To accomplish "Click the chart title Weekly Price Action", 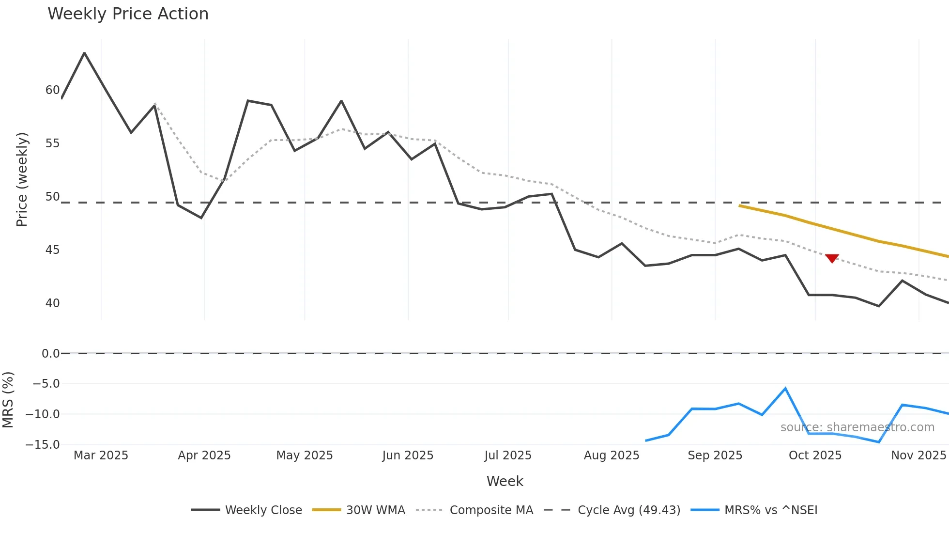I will coord(128,14).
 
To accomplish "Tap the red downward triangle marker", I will coord(832,258).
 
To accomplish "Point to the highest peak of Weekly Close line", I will coord(85,53).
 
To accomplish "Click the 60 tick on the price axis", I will coord(52,90).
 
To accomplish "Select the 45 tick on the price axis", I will coord(52,250).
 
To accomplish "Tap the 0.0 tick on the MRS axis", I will coord(50,354).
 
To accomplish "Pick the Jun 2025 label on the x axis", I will coord(407,455).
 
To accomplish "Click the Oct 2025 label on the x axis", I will coord(815,455).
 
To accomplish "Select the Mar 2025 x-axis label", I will coord(101,455).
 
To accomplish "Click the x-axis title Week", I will coord(505,481).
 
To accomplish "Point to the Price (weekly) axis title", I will coord(22,179).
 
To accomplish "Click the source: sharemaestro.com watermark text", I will coord(857,427).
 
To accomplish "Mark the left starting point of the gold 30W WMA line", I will coord(739,205).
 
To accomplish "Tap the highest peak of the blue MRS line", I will coord(785,388).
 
